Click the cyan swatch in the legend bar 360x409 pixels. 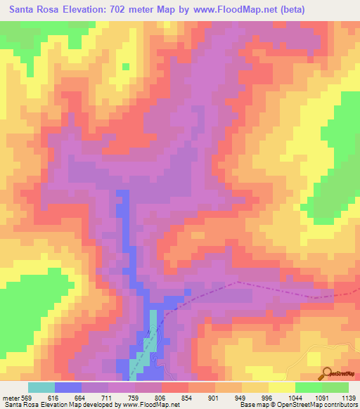[41, 387]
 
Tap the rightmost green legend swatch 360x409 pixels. [335, 387]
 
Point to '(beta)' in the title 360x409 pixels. [289, 11]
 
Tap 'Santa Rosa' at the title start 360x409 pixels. [34, 11]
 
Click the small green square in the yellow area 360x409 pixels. [126, 67]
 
